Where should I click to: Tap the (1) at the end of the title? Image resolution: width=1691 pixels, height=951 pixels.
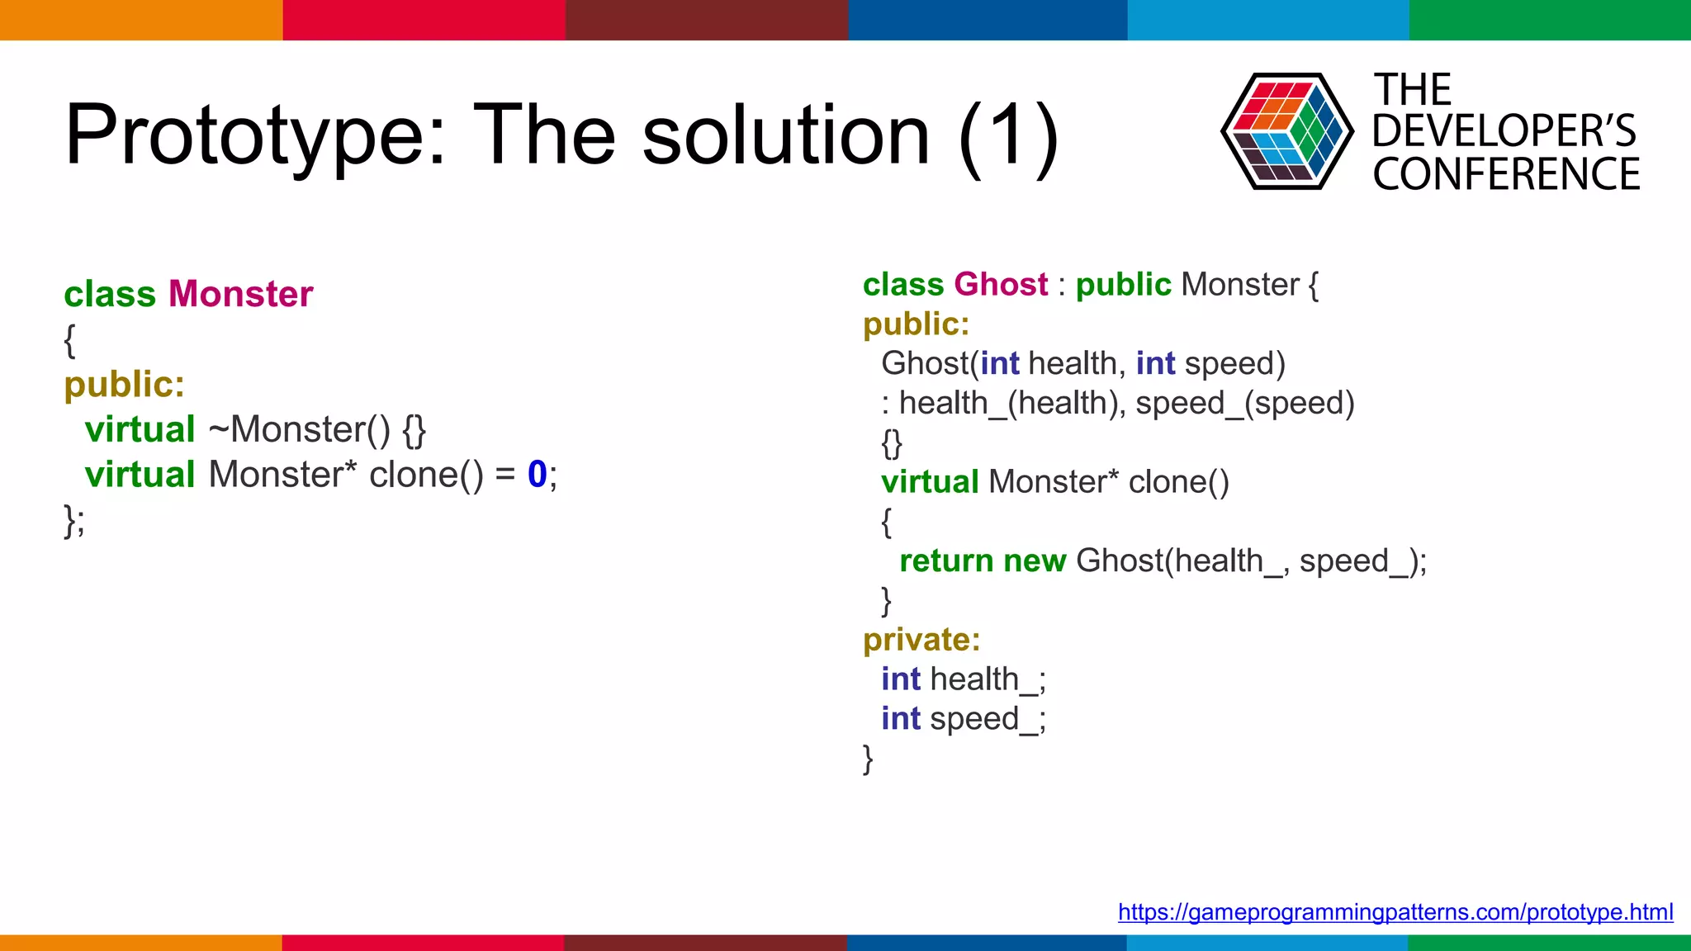[x=1009, y=136]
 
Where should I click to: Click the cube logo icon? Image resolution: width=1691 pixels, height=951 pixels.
[x=1286, y=131]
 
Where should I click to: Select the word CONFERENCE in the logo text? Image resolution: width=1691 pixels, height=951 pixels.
[x=1506, y=175]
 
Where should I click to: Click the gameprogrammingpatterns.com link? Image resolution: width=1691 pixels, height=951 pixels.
[x=1395, y=912]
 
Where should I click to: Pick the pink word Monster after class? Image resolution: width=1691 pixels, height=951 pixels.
[x=240, y=294]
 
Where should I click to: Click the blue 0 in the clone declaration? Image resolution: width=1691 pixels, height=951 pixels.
[x=537, y=475]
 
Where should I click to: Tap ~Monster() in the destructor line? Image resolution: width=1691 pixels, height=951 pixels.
[x=298, y=429]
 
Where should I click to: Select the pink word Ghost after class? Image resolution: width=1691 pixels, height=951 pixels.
[x=1001, y=285]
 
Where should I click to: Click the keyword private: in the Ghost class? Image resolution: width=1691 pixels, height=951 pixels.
[x=921, y=640]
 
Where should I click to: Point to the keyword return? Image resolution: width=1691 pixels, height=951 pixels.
[x=946, y=561]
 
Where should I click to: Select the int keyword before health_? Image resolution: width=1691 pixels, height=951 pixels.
[x=900, y=679]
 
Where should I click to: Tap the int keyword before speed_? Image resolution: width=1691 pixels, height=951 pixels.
[x=900, y=719]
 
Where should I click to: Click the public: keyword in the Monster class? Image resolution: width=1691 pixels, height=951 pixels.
[x=124, y=385]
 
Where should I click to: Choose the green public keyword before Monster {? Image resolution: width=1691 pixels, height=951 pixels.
[x=1123, y=285]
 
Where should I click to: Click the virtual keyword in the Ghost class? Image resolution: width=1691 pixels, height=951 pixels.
[x=930, y=482]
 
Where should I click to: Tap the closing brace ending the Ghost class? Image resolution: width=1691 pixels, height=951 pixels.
[x=868, y=758]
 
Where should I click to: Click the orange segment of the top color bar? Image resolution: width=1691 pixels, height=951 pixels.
[x=140, y=20]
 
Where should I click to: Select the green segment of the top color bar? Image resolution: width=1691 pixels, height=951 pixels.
[x=1550, y=20]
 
